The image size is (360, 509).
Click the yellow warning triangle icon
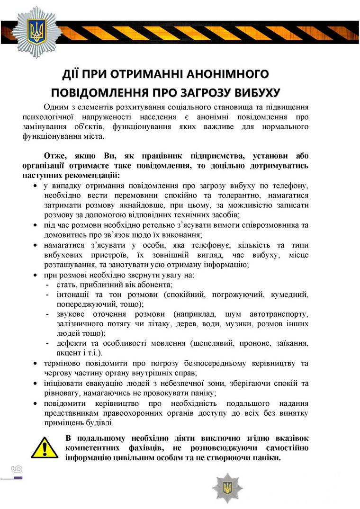(x=45, y=447)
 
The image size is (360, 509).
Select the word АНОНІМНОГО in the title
(x=225, y=74)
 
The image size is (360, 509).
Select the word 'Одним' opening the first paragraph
(x=56, y=107)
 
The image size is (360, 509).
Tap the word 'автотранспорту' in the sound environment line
(x=279, y=314)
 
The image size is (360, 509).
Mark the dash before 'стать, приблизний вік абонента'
(x=48, y=285)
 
